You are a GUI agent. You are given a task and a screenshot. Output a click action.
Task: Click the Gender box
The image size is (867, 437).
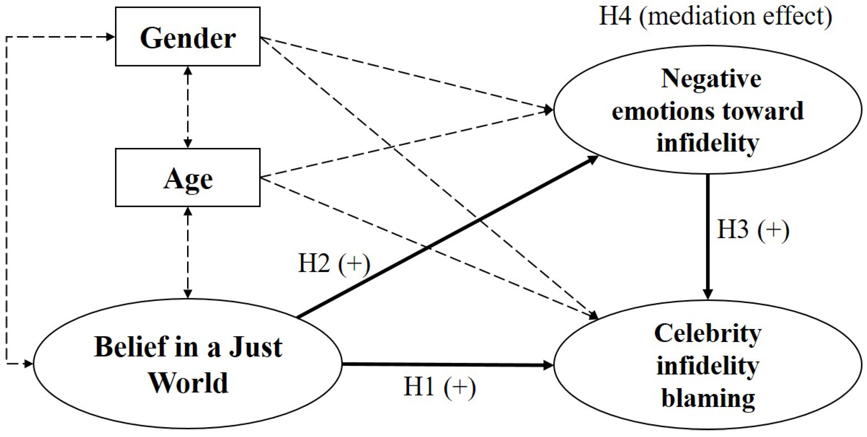187,37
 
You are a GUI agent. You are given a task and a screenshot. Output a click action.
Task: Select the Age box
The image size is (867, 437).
187,177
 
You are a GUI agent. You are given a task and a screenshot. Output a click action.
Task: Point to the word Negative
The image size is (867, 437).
711,79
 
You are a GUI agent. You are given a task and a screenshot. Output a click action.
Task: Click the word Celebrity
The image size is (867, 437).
708,334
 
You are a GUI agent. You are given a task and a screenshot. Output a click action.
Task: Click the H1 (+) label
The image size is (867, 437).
439,387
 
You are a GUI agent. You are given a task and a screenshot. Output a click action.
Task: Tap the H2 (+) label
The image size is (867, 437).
334,264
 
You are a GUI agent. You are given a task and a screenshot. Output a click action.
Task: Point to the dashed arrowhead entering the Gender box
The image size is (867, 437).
110,37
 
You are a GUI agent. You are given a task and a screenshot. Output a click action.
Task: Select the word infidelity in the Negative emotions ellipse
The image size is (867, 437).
708,143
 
